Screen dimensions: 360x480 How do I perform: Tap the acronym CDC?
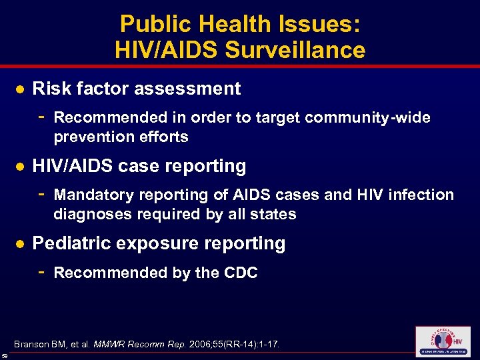pyautogui.click(x=239, y=273)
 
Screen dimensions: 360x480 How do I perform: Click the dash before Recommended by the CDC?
pyautogui.click(x=41, y=272)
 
